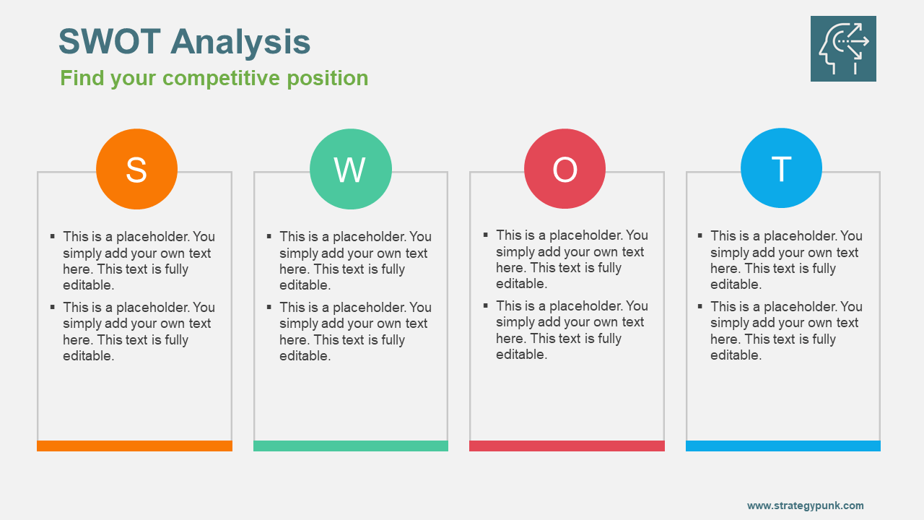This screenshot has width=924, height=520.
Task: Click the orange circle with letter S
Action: click(x=136, y=169)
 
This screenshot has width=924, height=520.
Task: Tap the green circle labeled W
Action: click(x=351, y=169)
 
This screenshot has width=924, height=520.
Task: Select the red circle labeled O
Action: click(x=565, y=168)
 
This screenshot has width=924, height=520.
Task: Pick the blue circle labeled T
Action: click(x=781, y=168)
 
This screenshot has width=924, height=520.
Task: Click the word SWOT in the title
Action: click(x=109, y=41)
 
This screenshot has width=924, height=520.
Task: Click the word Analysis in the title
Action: click(x=240, y=42)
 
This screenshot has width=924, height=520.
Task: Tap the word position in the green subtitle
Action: click(x=328, y=78)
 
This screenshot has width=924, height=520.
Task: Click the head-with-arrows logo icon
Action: click(x=843, y=48)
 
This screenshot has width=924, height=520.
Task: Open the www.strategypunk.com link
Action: click(x=805, y=506)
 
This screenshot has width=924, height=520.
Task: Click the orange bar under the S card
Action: click(x=134, y=446)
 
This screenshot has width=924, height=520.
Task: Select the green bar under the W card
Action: click(x=351, y=446)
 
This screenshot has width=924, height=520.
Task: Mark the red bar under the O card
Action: click(x=567, y=446)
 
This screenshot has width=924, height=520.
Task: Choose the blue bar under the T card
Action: click(x=783, y=446)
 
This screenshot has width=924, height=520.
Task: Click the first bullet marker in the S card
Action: click(x=53, y=236)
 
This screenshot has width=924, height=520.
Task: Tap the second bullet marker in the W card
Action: click(x=269, y=307)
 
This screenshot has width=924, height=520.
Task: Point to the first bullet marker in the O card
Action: click(x=486, y=235)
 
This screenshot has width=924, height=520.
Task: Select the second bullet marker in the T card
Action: click(x=700, y=306)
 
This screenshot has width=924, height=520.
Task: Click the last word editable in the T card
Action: click(x=736, y=355)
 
